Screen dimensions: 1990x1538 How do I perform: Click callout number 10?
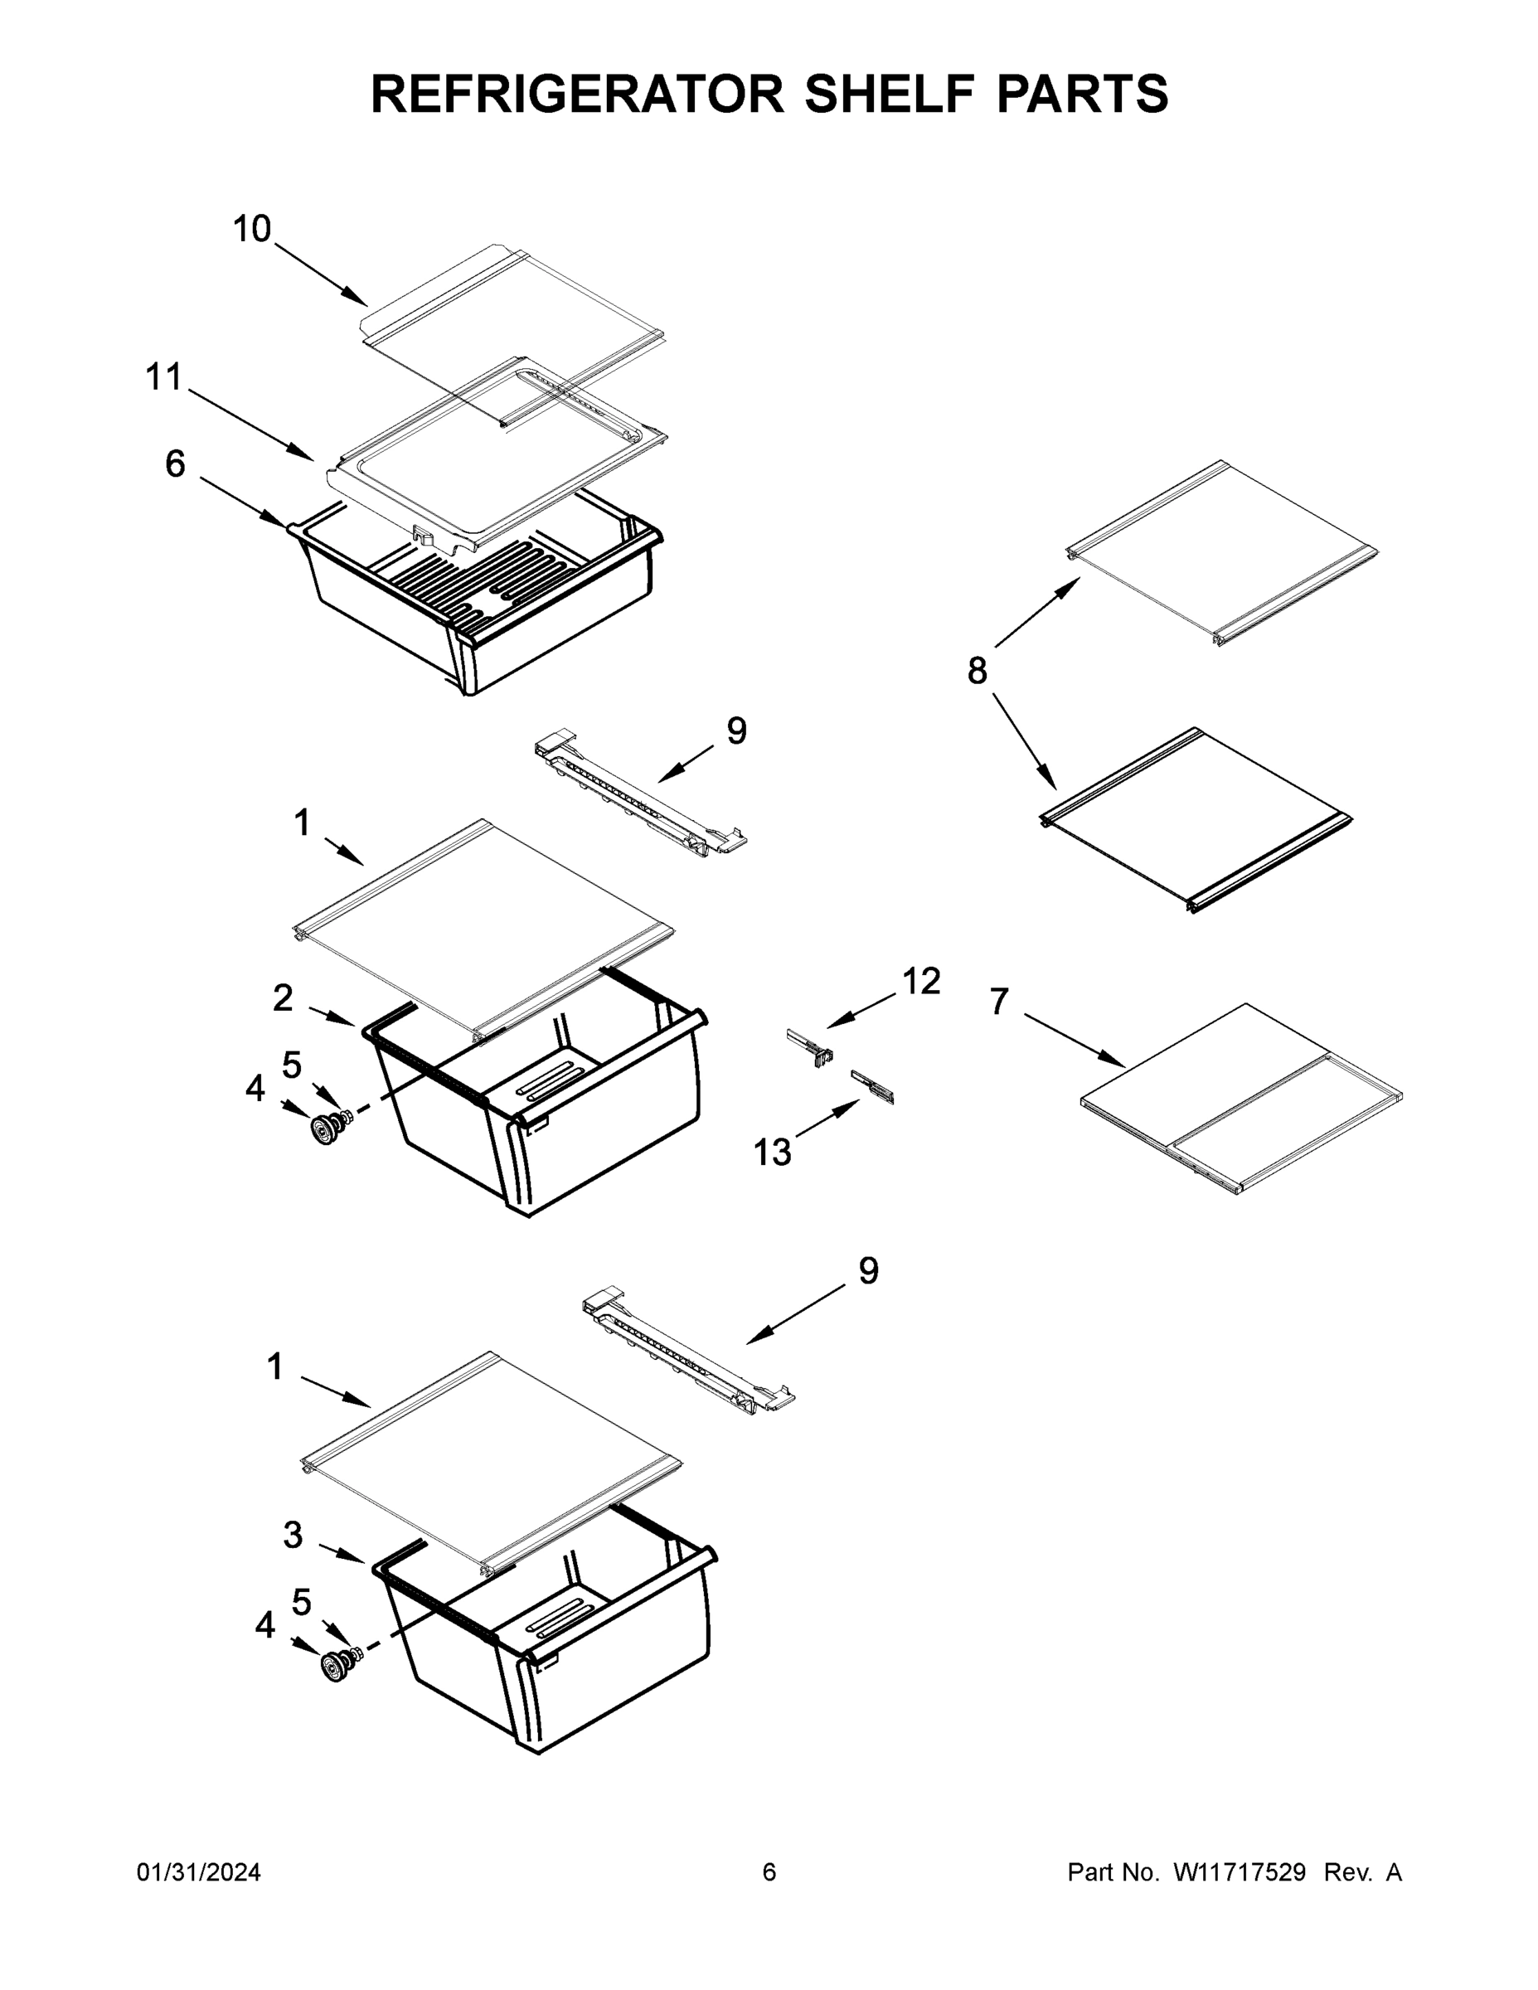251,229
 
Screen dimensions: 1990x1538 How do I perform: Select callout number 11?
165,376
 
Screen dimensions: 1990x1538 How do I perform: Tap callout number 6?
175,464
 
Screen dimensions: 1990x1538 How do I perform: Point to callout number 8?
977,672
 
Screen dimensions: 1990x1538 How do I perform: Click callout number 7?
1000,1002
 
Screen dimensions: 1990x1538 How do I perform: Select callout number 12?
921,982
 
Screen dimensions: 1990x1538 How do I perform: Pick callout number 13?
772,1153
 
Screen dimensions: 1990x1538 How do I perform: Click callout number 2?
284,998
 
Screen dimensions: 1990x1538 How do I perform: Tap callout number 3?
293,1535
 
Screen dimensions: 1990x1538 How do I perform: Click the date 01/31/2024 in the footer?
199,1871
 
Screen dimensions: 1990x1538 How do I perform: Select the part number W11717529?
1240,1871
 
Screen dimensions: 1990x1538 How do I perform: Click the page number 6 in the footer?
769,1871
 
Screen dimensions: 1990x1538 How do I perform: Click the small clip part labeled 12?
810,1047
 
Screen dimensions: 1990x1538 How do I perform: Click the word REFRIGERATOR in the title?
577,93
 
